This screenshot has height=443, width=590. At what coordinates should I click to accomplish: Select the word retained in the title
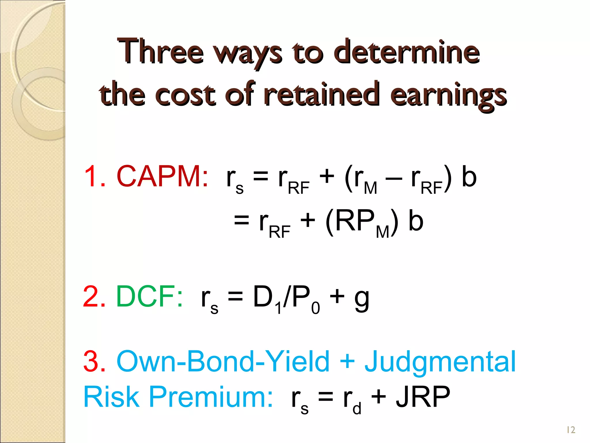pos(322,94)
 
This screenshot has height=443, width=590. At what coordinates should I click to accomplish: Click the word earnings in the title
pos(448,95)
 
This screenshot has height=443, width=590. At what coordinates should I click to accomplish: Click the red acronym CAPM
pos(162,177)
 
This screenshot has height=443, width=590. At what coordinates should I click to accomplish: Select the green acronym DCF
pos(149,296)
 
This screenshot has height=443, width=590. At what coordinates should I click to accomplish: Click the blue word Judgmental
pos(440,362)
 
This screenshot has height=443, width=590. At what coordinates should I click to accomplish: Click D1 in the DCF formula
pos(266,298)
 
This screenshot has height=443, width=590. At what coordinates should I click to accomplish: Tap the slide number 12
pos(571,430)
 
